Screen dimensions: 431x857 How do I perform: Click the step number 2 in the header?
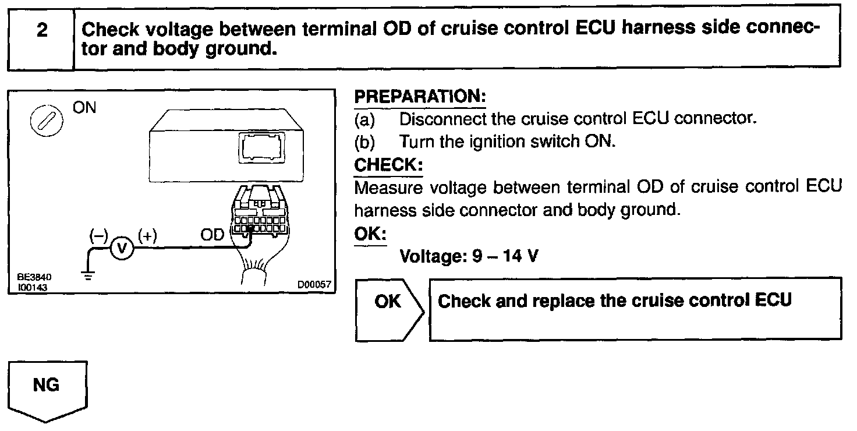point(41,31)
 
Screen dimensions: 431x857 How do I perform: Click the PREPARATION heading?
point(420,96)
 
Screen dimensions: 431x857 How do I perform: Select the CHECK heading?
point(388,165)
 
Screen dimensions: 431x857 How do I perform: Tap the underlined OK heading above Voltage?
point(370,233)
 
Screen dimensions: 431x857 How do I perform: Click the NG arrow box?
point(47,387)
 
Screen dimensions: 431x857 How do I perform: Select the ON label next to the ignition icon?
point(85,109)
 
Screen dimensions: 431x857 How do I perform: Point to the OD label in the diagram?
point(212,235)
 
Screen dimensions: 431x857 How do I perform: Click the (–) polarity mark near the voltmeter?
point(98,235)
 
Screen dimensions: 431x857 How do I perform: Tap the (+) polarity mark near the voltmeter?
point(147,235)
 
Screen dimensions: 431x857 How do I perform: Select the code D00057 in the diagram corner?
point(314,285)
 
